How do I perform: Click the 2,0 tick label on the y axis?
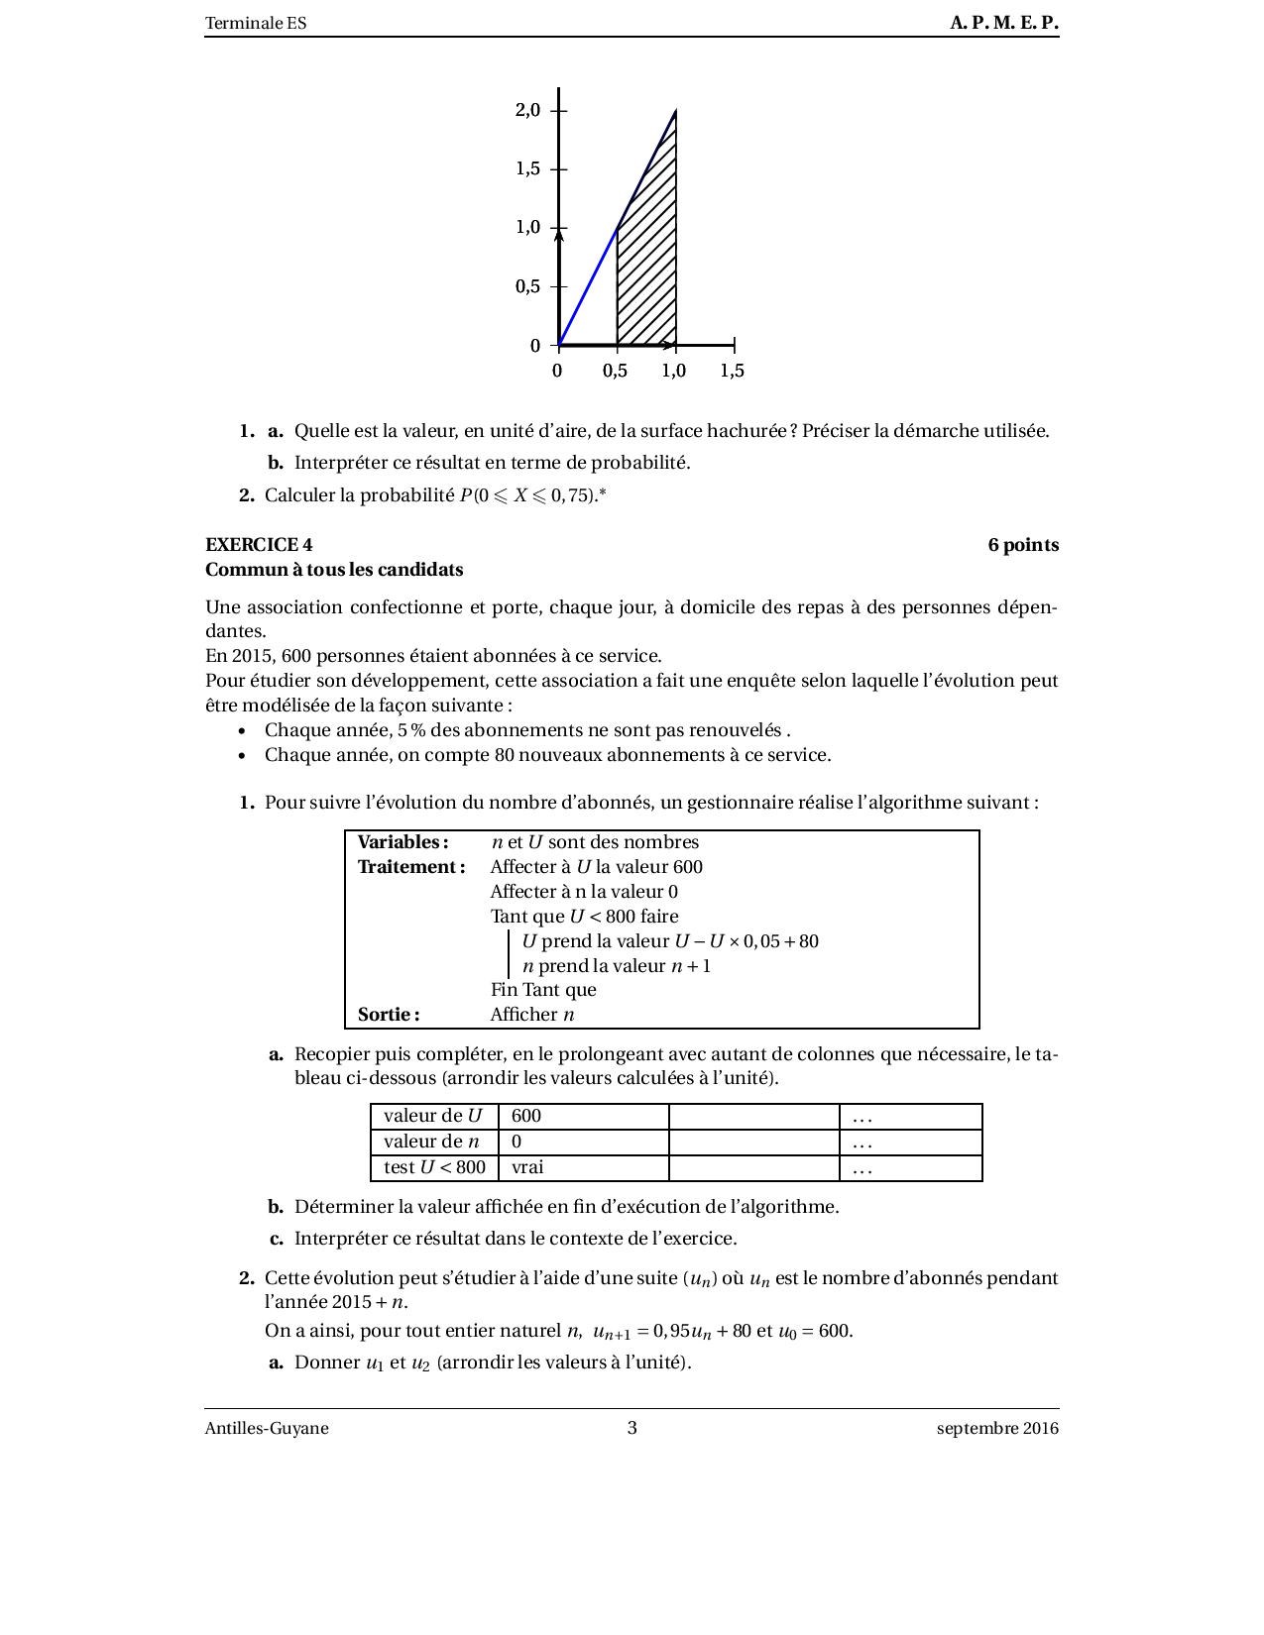click(527, 110)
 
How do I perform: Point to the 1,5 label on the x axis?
click(732, 371)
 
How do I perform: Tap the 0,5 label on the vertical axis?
click(527, 286)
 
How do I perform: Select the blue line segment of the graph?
click(588, 287)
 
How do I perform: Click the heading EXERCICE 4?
click(259, 545)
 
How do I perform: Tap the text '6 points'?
click(1023, 545)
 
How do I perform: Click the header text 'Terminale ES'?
click(256, 23)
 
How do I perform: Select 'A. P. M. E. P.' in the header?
click(1004, 23)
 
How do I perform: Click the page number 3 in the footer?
click(632, 1428)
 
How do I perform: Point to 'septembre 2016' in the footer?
click(997, 1428)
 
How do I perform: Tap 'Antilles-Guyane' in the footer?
click(267, 1428)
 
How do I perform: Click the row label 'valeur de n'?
click(432, 1142)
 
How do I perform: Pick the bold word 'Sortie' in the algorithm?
click(388, 1015)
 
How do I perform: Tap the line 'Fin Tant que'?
click(543, 990)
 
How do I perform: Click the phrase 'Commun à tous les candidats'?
click(334, 570)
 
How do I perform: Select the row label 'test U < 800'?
click(434, 1167)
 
